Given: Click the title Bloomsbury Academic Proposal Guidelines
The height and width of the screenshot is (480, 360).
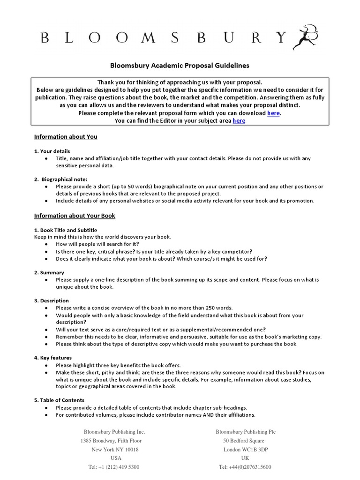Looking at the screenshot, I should click(x=180, y=66).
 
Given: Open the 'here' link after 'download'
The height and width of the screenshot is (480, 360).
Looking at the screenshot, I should click(x=274, y=113).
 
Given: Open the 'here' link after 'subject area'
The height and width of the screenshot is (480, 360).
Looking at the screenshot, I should click(x=239, y=121).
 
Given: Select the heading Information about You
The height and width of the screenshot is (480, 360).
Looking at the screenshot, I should click(x=66, y=137).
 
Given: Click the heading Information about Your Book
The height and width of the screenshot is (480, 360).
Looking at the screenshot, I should click(x=75, y=216).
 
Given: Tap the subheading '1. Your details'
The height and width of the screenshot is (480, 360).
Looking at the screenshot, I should click(x=52, y=151).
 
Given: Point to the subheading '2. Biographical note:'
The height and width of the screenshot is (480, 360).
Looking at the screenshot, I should click(x=61, y=179).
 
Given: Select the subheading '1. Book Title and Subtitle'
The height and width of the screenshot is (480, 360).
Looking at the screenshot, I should click(x=66, y=230).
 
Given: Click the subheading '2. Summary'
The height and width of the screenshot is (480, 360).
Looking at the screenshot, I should click(x=49, y=272).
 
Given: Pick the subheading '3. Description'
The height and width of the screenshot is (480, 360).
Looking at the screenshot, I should click(x=52, y=300).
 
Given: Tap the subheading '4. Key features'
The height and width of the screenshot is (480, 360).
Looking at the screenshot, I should click(x=52, y=358).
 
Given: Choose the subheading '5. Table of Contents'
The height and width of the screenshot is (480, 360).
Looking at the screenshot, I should click(x=59, y=400).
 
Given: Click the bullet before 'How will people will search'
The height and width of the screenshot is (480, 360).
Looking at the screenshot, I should click(x=45, y=245).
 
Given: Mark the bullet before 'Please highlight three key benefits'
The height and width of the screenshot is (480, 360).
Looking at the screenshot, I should click(x=45, y=365).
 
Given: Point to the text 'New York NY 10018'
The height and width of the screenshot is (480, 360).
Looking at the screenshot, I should click(x=115, y=449).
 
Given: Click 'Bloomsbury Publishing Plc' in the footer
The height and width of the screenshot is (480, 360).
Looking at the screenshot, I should click(x=246, y=432).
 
